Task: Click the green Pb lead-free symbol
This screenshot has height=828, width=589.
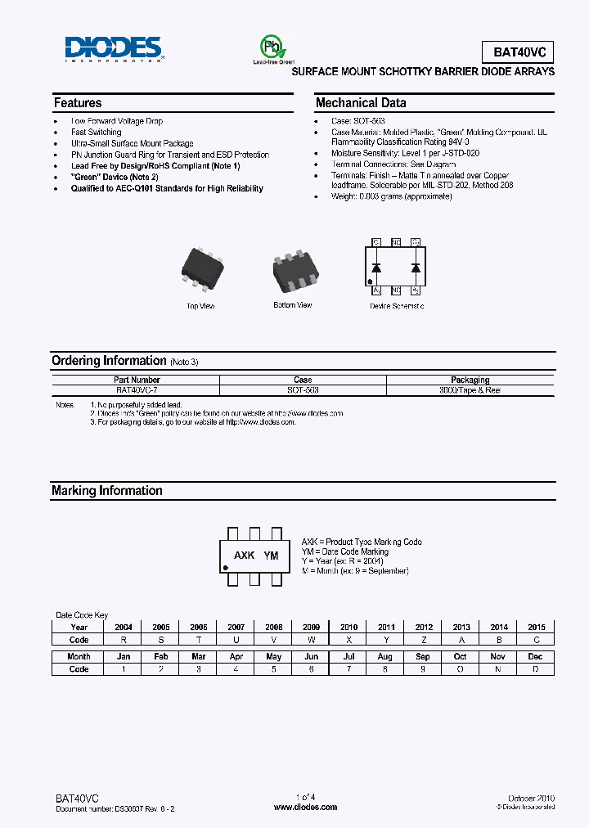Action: [269, 46]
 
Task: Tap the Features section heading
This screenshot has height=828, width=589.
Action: [78, 103]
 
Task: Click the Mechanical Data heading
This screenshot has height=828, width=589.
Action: [361, 103]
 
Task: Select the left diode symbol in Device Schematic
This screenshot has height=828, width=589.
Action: [377, 267]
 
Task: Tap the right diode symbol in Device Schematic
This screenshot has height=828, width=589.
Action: [416, 267]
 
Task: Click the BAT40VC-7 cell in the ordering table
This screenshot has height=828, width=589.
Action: [137, 390]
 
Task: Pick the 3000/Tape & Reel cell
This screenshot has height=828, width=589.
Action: [470, 390]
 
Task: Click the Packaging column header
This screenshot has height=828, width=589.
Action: [470, 380]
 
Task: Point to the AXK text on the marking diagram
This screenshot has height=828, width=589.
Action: [244, 556]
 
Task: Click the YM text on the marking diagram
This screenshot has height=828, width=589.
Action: [272, 556]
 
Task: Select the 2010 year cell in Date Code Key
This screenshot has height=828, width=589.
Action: [348, 627]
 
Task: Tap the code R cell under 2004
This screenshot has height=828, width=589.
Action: [124, 640]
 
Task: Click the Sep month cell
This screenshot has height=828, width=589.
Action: [423, 656]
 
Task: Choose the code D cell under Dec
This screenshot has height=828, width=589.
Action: [535, 669]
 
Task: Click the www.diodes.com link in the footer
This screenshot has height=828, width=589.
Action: [305, 807]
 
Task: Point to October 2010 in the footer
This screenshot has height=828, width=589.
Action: [532, 797]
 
